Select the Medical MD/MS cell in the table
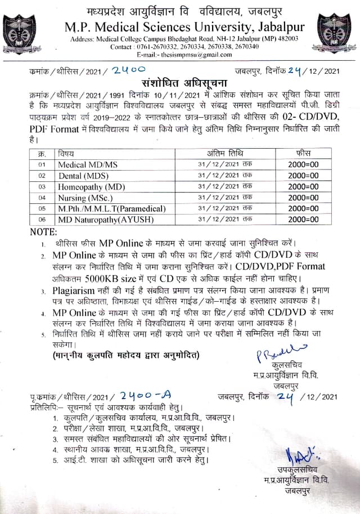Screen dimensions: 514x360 click(88, 164)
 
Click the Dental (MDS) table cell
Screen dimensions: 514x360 click(83, 175)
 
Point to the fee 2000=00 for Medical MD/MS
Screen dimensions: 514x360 click(303, 164)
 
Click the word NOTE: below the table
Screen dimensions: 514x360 click(44, 231)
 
